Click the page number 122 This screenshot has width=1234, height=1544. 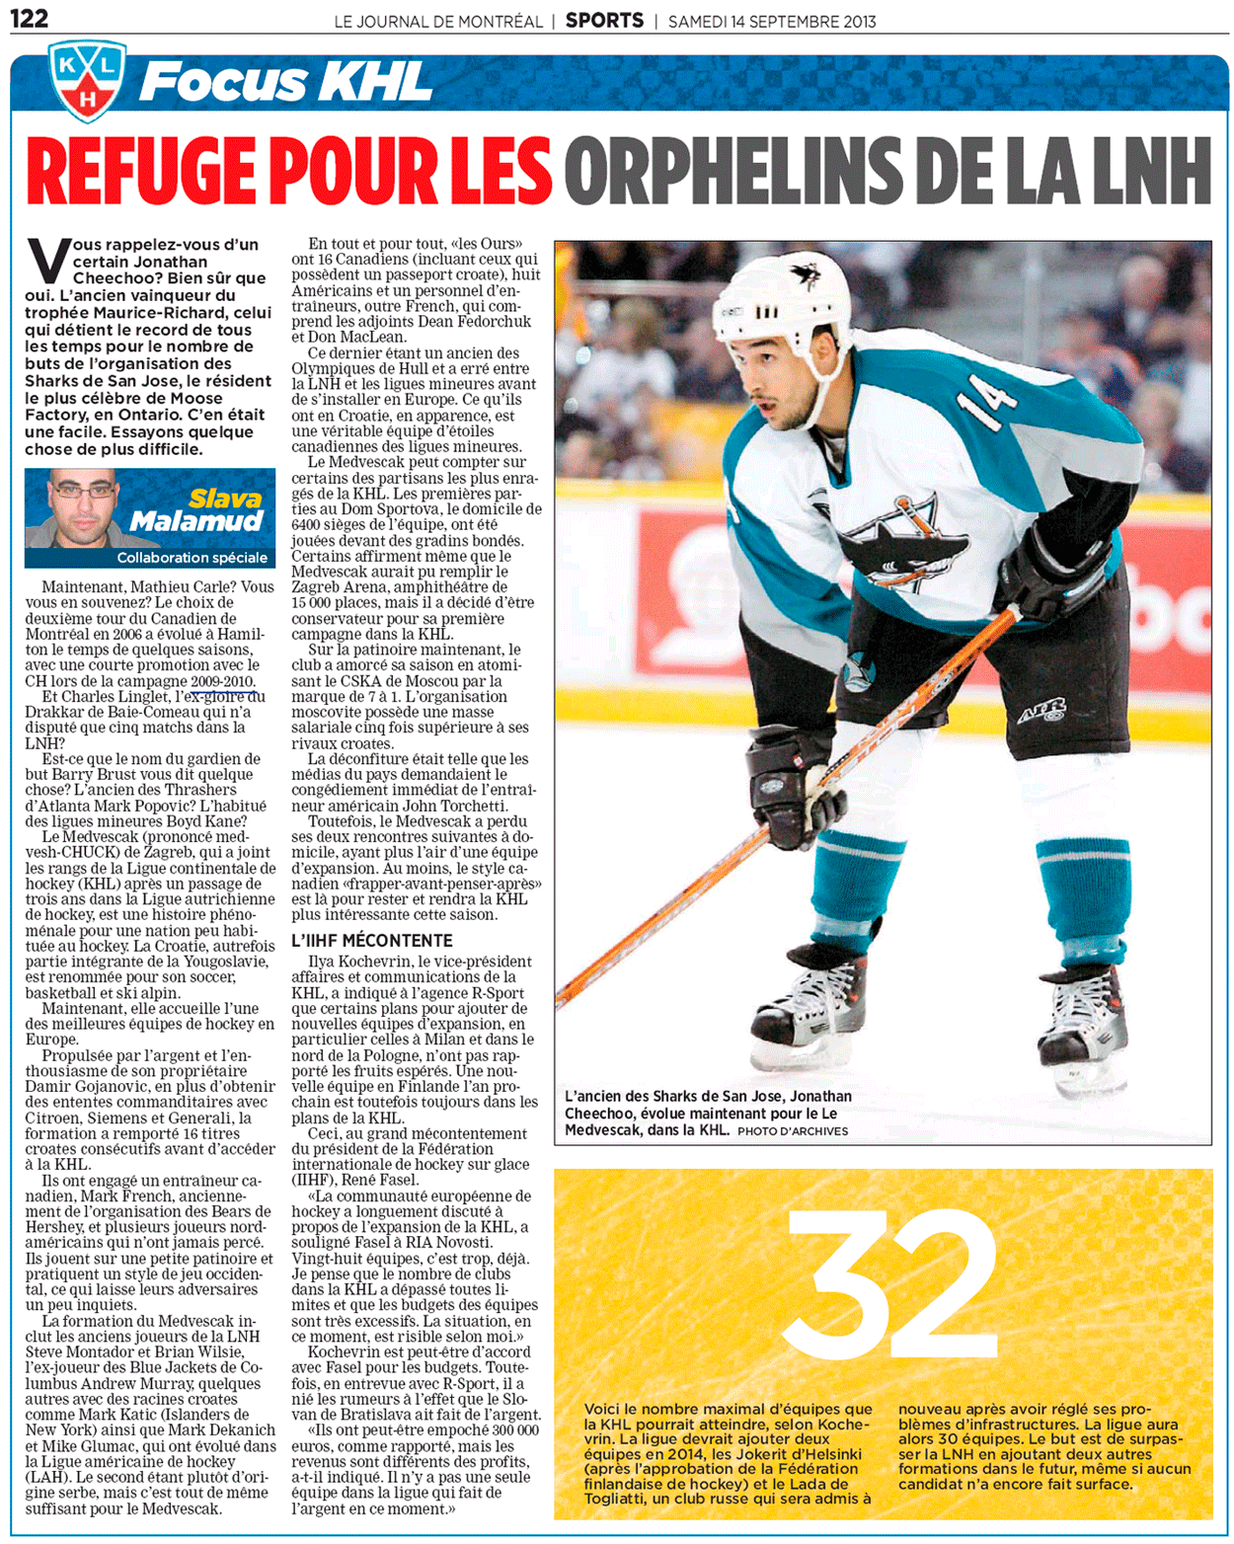pos(29,18)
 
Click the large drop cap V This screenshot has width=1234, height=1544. pos(47,262)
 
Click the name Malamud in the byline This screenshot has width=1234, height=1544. pos(196,521)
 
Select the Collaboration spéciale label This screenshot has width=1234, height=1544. pos(192,558)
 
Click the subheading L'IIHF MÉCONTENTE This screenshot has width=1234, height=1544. pos(371,941)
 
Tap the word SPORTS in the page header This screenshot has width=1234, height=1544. pos(604,20)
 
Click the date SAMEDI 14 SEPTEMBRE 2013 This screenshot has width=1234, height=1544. pos(772,21)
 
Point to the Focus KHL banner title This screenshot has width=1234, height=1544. pos(286,81)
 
